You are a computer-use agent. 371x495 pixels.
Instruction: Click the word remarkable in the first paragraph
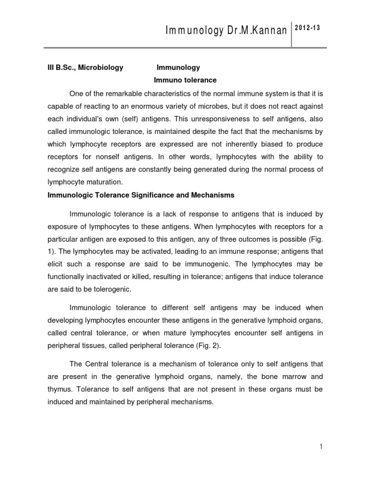tap(126, 93)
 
